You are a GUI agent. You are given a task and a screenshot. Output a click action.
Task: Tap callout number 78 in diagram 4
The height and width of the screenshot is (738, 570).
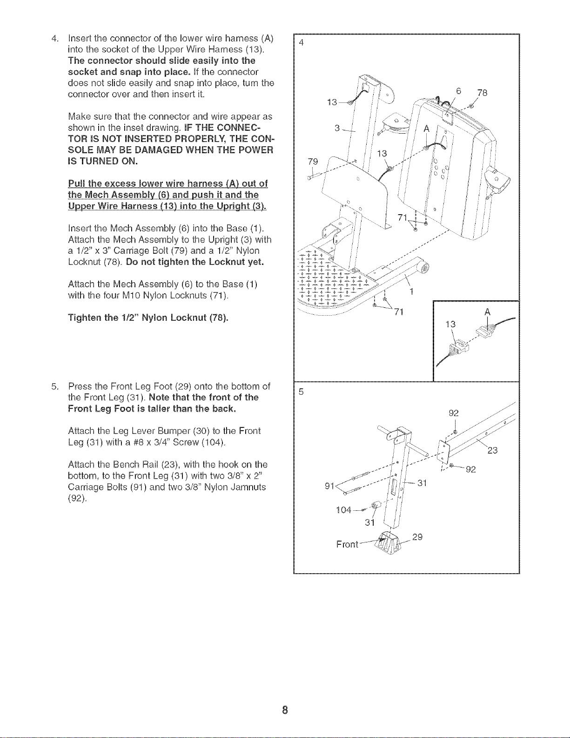point(482,93)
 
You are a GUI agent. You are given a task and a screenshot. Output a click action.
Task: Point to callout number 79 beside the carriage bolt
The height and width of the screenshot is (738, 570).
point(313,161)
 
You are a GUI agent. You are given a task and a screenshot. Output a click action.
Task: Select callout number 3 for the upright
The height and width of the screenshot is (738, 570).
point(337,128)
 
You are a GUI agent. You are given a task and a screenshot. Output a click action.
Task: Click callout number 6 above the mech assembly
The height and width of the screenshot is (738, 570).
point(459,91)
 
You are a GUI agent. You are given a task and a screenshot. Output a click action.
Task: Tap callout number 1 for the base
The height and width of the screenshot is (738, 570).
point(412,291)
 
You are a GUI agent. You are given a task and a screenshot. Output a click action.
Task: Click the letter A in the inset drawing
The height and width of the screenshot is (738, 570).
point(488,312)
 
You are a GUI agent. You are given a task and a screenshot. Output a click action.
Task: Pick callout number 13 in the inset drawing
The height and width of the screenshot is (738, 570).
point(450,325)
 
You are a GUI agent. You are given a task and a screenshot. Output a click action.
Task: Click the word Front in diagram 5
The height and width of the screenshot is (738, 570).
point(347,544)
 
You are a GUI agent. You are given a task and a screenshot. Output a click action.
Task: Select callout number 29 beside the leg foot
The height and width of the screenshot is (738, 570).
point(417,537)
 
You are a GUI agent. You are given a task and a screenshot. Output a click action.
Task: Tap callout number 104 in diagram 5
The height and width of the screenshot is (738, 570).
point(343,510)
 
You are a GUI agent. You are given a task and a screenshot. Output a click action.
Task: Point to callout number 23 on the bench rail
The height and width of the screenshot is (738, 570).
point(492,451)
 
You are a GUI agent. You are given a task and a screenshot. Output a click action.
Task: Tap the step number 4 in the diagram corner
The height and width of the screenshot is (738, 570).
point(301,43)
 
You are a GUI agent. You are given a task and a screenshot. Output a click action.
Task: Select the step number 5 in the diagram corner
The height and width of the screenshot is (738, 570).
point(301,392)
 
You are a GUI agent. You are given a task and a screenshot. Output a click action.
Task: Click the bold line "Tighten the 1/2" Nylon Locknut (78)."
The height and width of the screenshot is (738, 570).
point(148,318)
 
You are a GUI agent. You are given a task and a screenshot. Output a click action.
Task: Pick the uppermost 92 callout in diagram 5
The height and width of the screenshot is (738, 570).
point(454,413)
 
